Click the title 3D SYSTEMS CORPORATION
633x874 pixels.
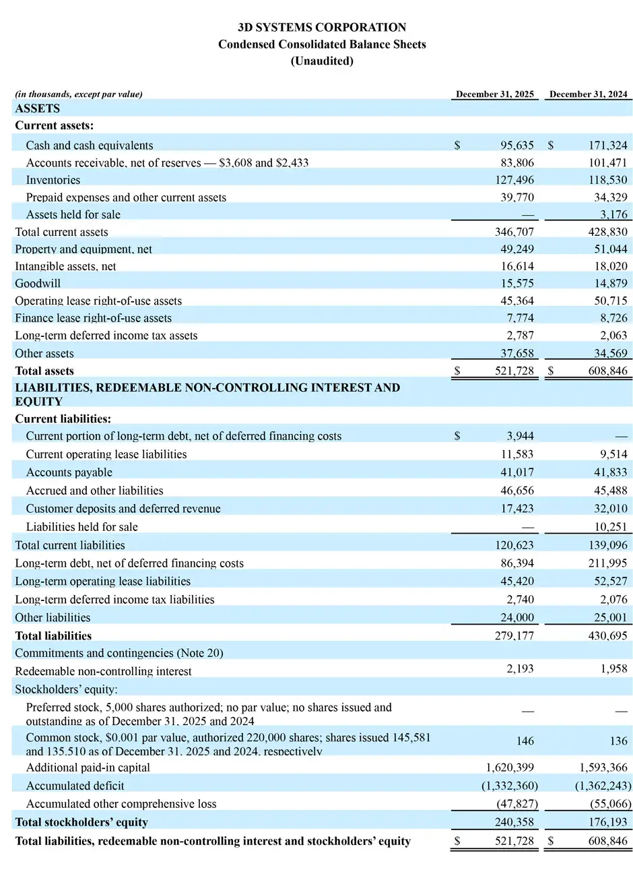[322, 28]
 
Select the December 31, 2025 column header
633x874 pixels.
[495, 94]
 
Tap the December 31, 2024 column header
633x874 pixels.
[589, 94]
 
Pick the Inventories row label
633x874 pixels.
[53, 180]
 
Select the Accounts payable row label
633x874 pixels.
[69, 472]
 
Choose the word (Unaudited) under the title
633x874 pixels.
[322, 61]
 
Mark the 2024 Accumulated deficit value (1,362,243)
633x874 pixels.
[603, 786]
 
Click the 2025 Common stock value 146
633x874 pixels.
[525, 741]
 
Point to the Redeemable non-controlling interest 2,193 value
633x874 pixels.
[519, 668]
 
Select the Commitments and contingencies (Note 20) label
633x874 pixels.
[119, 653]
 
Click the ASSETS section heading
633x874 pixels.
[37, 108]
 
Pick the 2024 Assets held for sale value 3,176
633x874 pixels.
[613, 214]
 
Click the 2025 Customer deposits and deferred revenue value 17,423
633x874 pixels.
[517, 508]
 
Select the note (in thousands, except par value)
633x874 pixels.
[79, 94]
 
